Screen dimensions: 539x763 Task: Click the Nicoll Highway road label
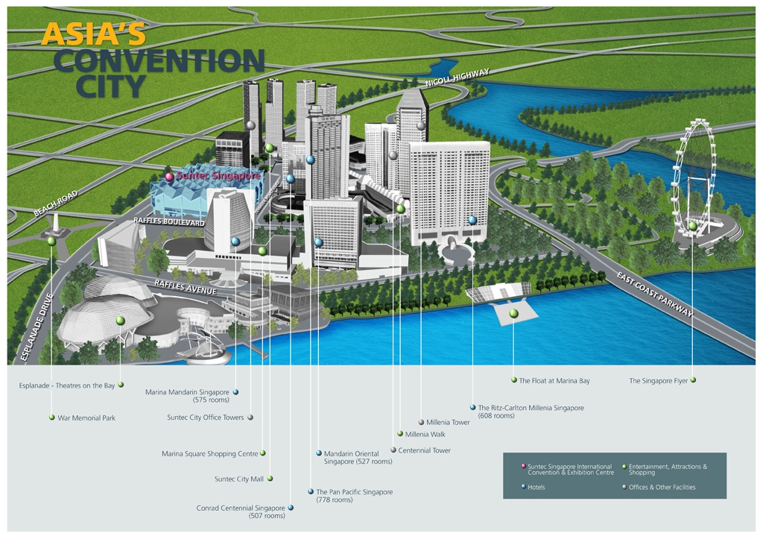(458, 78)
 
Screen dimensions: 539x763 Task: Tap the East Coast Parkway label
(655, 294)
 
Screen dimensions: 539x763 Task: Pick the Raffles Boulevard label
(169, 221)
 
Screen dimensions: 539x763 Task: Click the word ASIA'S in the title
(94, 34)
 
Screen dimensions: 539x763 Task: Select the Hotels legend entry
(536, 488)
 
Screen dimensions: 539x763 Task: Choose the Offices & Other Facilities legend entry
(662, 488)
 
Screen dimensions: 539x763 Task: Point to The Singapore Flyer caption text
(658, 381)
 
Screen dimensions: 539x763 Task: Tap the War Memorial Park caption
(86, 418)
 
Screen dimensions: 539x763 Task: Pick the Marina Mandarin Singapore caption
(187, 396)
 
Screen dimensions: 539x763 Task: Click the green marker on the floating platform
(513, 314)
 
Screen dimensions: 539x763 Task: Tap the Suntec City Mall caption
(238, 479)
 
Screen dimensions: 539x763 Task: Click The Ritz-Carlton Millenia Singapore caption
(531, 412)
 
